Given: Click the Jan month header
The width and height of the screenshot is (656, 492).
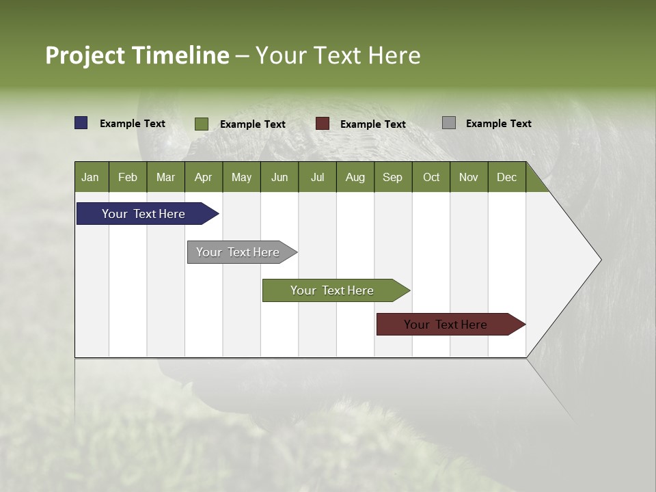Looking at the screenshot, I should click(x=90, y=177).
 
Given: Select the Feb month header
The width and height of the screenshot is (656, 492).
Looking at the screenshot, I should click(x=128, y=177).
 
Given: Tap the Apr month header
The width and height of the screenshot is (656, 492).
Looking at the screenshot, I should click(x=203, y=177).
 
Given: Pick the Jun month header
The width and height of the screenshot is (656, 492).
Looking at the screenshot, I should click(x=279, y=177).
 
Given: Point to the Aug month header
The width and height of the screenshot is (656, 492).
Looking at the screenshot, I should click(x=355, y=177).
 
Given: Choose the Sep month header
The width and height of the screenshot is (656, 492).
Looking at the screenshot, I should click(x=392, y=177).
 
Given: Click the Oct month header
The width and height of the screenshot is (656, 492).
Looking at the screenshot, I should click(x=431, y=177).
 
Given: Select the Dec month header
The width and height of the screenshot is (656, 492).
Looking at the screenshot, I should click(x=506, y=177).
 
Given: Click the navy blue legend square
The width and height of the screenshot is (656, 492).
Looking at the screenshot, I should click(x=81, y=123).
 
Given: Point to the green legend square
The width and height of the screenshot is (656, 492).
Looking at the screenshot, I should click(x=202, y=124).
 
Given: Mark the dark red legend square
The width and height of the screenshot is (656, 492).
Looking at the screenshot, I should click(x=323, y=124).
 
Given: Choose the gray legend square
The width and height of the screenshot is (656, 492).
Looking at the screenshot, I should click(x=449, y=123).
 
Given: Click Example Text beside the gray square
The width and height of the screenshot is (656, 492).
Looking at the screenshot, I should click(x=498, y=123).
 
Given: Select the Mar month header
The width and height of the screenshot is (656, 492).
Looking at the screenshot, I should click(x=165, y=177).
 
